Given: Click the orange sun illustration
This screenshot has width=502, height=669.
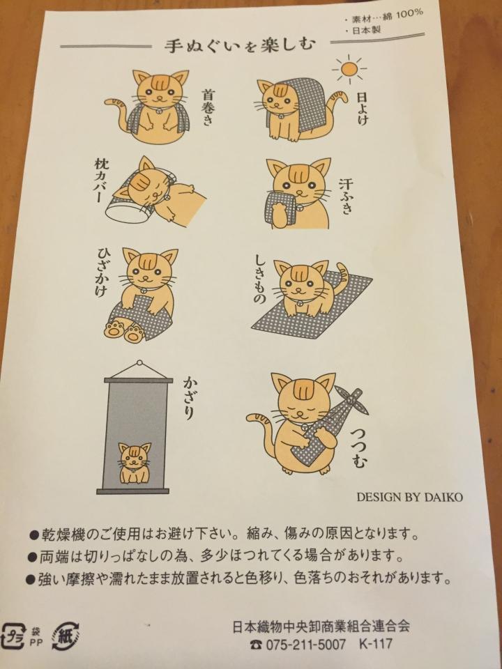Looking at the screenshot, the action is coord(349,68).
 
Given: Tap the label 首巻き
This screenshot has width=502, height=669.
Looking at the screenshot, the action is coord(207,107).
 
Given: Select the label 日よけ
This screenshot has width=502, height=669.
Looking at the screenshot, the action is coord(362,109).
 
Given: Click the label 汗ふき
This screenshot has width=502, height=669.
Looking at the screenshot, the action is coord(346,197).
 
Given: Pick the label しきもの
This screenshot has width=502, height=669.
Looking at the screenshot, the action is coord(260,279).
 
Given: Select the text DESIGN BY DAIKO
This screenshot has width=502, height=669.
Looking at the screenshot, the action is coord(409,497).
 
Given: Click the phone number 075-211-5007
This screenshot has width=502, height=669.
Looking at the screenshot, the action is coord(305,644).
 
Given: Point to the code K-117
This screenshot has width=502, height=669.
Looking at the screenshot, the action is coord(376,643).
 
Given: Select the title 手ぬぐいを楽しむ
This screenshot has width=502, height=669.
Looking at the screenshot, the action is coord(241,45).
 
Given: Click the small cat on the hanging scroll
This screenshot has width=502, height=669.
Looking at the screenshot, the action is coord(135,463).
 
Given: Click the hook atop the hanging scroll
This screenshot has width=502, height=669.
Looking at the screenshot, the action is coord(139,364).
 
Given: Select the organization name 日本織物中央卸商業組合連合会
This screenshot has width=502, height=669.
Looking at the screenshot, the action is coord(321,626).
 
